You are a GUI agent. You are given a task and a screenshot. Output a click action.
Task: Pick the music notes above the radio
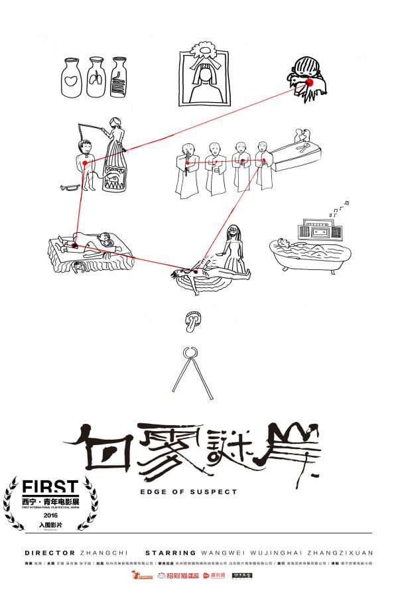tap(340, 210)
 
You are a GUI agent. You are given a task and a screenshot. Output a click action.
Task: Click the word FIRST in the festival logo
tap(50, 487)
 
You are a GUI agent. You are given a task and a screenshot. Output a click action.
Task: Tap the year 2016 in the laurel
tap(50, 514)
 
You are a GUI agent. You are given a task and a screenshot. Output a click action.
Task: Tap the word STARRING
tap(170, 552)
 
